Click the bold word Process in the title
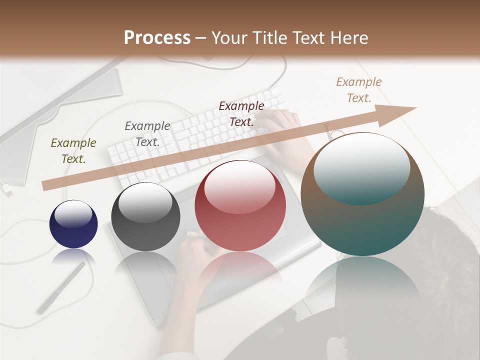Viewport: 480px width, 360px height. click(x=157, y=38)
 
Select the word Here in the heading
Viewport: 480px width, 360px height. click(x=348, y=38)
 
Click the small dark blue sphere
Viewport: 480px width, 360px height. click(x=73, y=224)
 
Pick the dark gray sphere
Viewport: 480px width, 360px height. click(x=145, y=216)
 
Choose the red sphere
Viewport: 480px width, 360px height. click(x=240, y=206)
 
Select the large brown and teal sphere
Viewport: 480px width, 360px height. click(x=362, y=194)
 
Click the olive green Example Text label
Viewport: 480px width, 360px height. click(x=73, y=150)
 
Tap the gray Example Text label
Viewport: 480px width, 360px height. click(x=147, y=133)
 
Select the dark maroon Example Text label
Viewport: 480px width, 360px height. click(x=241, y=113)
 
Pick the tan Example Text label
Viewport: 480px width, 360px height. click(x=358, y=89)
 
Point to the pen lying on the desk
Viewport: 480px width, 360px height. click(x=61, y=288)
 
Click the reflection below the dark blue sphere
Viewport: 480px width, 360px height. click(x=73, y=257)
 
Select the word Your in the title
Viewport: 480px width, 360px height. click(x=230, y=38)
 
